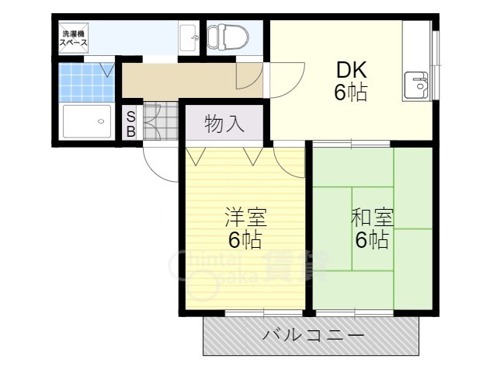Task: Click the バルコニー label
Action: [x=313, y=336]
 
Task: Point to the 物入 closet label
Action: [x=224, y=123]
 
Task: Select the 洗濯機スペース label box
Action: [x=75, y=38]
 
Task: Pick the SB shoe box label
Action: [x=131, y=124]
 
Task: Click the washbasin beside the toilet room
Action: [x=188, y=37]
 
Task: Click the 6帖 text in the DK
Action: [x=350, y=92]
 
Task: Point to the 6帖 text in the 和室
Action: [x=371, y=240]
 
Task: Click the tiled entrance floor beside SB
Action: [x=162, y=123]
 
